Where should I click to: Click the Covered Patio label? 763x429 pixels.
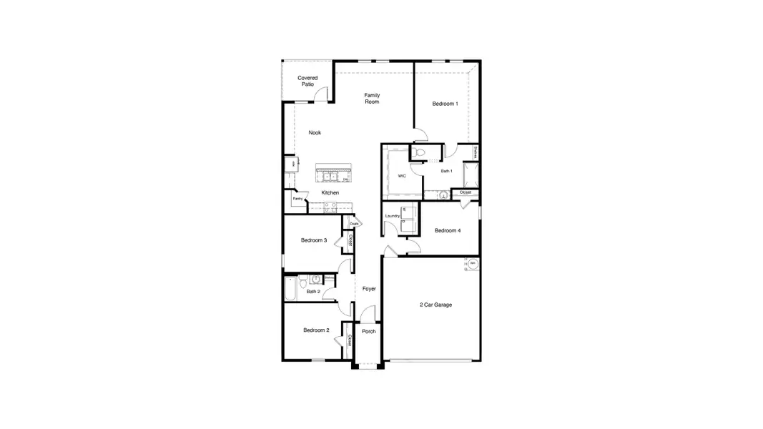pyautogui.click(x=307, y=81)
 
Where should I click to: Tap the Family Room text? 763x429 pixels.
pyautogui.click(x=372, y=99)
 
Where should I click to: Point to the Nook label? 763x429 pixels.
pyautogui.click(x=315, y=132)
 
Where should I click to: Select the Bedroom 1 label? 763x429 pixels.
pyautogui.click(x=445, y=104)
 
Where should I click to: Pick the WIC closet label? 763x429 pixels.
pyautogui.click(x=401, y=176)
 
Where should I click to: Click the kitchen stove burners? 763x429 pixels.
pyautogui.click(x=330, y=207)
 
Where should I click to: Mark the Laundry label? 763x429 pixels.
pyautogui.click(x=392, y=215)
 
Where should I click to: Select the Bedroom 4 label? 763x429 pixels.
pyautogui.click(x=448, y=230)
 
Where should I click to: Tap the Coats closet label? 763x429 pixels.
pyautogui.click(x=354, y=224)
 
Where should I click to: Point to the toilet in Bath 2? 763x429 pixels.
pyautogui.click(x=303, y=280)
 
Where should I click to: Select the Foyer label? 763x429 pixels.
pyautogui.click(x=369, y=289)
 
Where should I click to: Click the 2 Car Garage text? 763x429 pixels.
pyautogui.click(x=435, y=305)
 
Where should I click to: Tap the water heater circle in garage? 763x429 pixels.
pyautogui.click(x=473, y=264)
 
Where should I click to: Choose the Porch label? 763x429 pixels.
pyautogui.click(x=369, y=331)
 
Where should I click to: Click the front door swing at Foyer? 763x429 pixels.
pyautogui.click(x=367, y=313)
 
